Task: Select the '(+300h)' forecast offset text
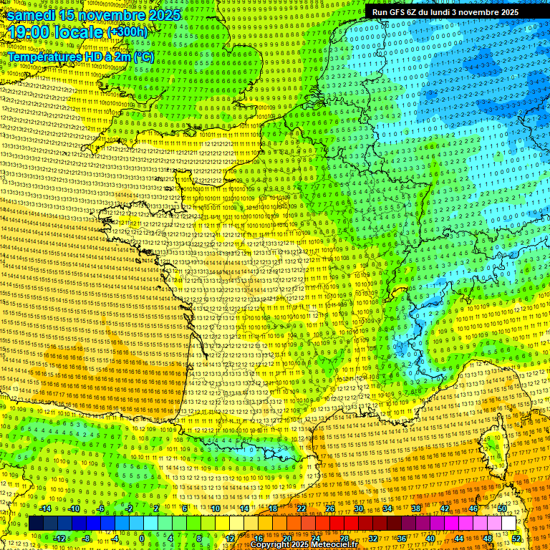pos(127,32)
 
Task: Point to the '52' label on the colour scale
pos(517,538)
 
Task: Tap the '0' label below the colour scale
pos(142,538)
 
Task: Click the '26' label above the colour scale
pos(330,508)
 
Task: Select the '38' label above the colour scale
pos(416,508)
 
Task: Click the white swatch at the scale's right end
pos(509,524)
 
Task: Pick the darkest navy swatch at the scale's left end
pos(36,524)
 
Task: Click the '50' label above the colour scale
pos(502,508)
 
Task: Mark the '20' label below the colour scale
pos(286,538)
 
